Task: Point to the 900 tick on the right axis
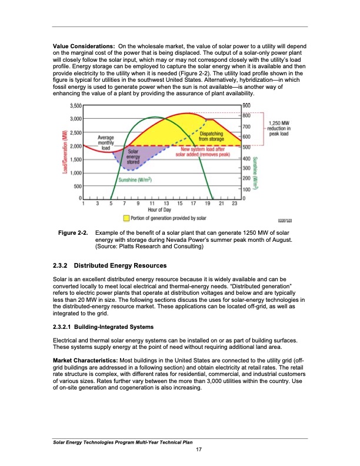coord(247,106)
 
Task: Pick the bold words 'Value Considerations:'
coord(84,46)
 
